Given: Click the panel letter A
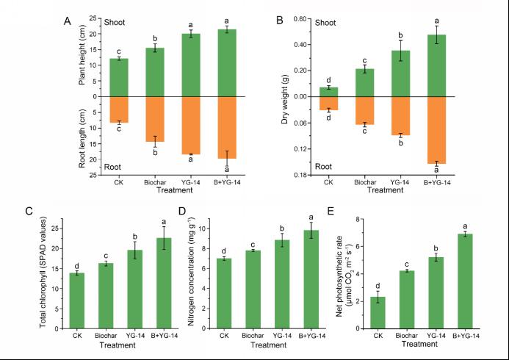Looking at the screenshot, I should point(68,21).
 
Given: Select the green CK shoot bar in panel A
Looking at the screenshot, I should point(119,77).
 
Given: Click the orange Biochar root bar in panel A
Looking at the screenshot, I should point(155,118).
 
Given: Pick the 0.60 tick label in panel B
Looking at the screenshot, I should point(298,18).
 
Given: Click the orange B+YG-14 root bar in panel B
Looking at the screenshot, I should point(437,129).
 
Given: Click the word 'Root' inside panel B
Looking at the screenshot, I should point(324,168).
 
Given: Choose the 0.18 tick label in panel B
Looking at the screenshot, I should point(298,175).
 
